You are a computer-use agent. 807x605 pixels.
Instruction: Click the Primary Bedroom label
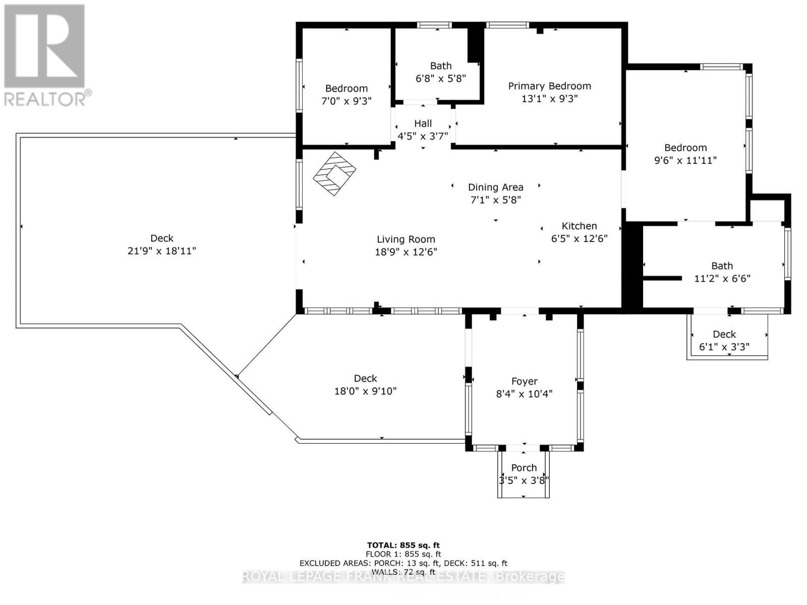pyautogui.click(x=549, y=86)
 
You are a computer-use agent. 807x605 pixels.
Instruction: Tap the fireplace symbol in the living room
pyautogui.click(x=334, y=174)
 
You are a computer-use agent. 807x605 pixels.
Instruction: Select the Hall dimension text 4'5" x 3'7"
pyautogui.click(x=423, y=136)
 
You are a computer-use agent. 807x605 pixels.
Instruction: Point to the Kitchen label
pyautogui.click(x=579, y=226)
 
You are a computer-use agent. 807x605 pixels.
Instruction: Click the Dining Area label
pyautogui.click(x=496, y=188)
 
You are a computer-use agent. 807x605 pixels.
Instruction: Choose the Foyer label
pyautogui.click(x=524, y=381)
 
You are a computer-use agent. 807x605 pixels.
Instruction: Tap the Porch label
pyautogui.click(x=524, y=468)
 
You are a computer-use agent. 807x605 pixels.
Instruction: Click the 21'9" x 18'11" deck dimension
pyautogui.click(x=162, y=251)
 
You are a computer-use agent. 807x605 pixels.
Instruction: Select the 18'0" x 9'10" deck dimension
pyautogui.click(x=366, y=391)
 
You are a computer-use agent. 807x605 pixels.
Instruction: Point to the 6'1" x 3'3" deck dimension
pyautogui.click(x=724, y=347)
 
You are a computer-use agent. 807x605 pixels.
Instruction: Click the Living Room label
pyautogui.click(x=406, y=239)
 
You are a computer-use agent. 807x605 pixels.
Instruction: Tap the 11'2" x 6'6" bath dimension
pyautogui.click(x=722, y=278)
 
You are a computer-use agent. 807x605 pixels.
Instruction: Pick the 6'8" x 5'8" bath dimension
pyautogui.click(x=441, y=79)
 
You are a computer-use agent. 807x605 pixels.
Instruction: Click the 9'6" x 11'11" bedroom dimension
pyautogui.click(x=685, y=160)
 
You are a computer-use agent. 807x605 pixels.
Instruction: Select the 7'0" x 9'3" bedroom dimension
pyautogui.click(x=347, y=101)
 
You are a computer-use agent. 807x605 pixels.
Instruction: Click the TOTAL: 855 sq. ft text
pyautogui.click(x=403, y=545)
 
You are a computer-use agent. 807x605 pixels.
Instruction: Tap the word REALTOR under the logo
pyautogui.click(x=45, y=99)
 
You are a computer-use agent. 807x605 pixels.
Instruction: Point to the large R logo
pyautogui.click(x=44, y=46)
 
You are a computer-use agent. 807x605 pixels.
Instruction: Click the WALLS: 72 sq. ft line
pyautogui.click(x=403, y=572)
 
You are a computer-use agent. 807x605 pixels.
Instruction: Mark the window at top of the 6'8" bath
pyautogui.click(x=434, y=25)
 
